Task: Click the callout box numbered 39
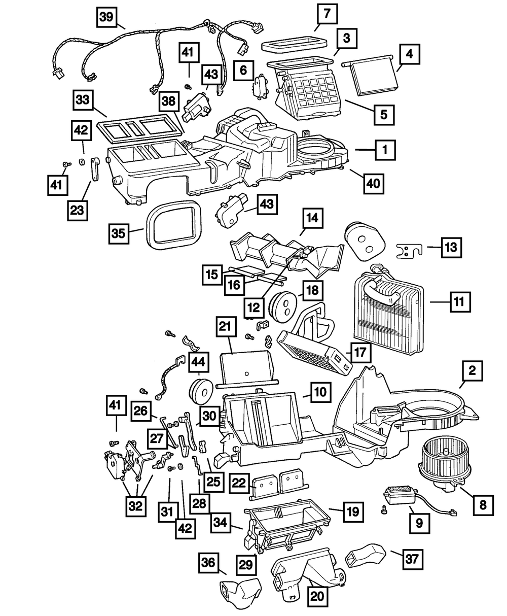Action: [106, 17]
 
